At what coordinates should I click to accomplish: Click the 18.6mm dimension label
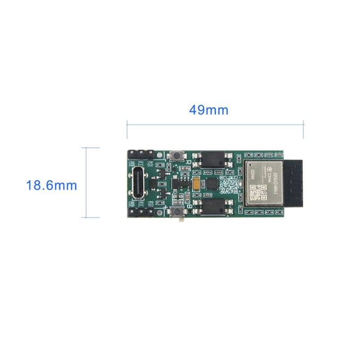pyautogui.click(x=51, y=185)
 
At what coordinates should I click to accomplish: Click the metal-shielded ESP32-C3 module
pyautogui.click(x=263, y=182)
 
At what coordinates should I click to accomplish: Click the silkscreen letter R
pyautogui.click(x=188, y=162)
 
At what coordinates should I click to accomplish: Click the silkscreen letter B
pyautogui.click(x=189, y=205)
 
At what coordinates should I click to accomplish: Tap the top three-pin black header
pyautogui.click(x=141, y=154)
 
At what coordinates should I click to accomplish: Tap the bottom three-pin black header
pyautogui.click(x=141, y=212)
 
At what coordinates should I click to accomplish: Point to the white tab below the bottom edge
pyautogui.click(x=182, y=220)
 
